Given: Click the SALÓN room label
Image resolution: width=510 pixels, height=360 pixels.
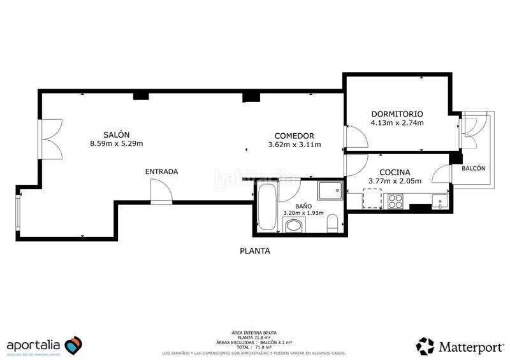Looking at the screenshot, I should (117, 134).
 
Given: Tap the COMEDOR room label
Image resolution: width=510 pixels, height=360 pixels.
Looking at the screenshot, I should (294, 136).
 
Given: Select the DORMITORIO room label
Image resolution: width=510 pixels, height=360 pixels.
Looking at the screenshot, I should (397, 114).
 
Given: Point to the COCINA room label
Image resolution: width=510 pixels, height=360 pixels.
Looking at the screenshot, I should (394, 172).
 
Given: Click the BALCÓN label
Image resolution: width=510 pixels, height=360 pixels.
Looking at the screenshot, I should (473, 169).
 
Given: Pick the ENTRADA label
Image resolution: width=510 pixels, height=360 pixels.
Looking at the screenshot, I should (161, 171).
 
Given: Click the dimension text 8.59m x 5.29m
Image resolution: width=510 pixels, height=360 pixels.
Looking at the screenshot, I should (117, 143).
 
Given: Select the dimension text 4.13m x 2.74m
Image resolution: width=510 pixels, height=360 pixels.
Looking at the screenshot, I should (397, 123).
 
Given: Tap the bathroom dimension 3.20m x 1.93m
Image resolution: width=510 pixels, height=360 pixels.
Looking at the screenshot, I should (303, 213).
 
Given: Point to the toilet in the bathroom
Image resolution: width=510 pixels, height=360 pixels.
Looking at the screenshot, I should (331, 224).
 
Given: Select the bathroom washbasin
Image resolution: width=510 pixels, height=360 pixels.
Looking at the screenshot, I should (294, 225).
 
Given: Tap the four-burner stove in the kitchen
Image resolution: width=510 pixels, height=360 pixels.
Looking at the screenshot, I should (395, 201).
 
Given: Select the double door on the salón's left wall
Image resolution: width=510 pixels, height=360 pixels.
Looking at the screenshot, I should (50, 139).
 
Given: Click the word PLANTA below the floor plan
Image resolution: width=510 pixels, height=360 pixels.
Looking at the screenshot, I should (254, 251).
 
